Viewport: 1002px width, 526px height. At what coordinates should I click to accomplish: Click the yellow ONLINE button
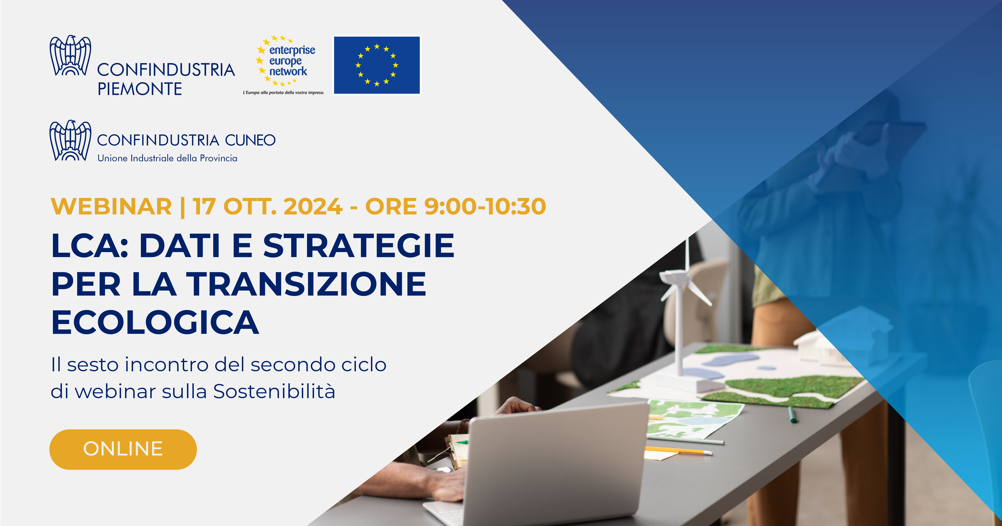tap(123, 449)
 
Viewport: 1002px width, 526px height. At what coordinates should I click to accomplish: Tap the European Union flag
tap(377, 65)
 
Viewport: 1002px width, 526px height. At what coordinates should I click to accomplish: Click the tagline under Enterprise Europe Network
tap(284, 93)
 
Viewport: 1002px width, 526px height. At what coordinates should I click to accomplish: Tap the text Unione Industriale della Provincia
tap(167, 158)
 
